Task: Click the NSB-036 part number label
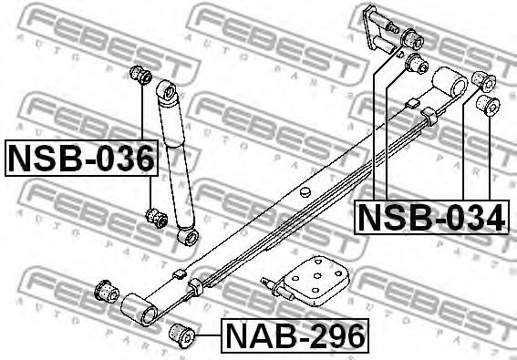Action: [x=81, y=158]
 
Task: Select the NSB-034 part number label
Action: [x=431, y=218]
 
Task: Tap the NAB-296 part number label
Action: [x=295, y=335]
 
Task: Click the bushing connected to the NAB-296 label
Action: [x=182, y=335]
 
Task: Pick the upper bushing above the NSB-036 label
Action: [x=140, y=75]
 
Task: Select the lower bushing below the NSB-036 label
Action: [x=157, y=218]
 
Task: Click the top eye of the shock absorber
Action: [x=168, y=90]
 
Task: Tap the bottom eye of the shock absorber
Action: [x=188, y=237]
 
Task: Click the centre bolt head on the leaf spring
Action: [x=305, y=191]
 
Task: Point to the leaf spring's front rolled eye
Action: [x=140, y=310]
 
